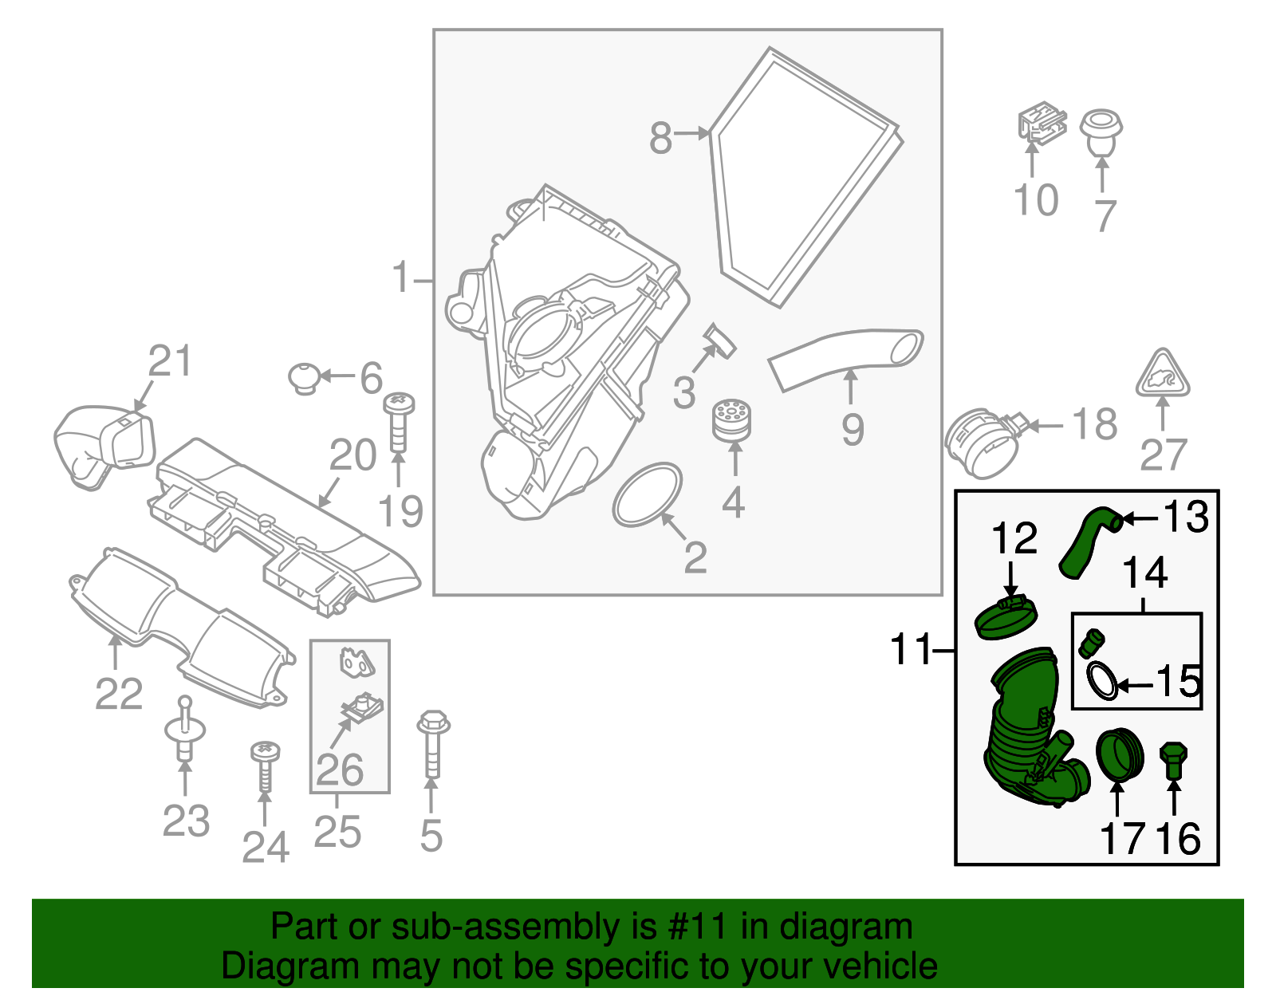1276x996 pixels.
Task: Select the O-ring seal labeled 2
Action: tap(648, 495)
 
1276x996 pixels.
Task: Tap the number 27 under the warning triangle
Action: tap(1163, 455)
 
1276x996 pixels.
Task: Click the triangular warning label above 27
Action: tap(1163, 375)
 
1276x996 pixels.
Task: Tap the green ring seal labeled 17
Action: tap(1120, 754)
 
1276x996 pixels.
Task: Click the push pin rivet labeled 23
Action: tap(184, 734)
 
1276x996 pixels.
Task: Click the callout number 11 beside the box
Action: tap(912, 650)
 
